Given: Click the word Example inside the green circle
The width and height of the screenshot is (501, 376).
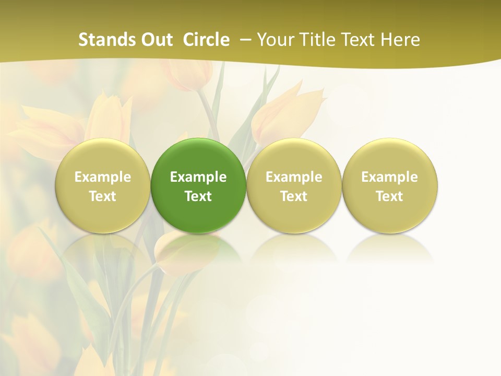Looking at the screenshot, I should [198, 177].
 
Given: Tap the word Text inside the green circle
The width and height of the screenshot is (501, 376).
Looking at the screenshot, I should [198, 196].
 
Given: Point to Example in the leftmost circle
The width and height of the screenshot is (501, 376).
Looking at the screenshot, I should [103, 177].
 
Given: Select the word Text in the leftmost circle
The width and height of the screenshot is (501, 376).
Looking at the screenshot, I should [103, 196].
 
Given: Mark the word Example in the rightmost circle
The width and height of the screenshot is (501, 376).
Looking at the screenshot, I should [389, 177].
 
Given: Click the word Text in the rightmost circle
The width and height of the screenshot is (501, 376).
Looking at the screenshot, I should [389, 196].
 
